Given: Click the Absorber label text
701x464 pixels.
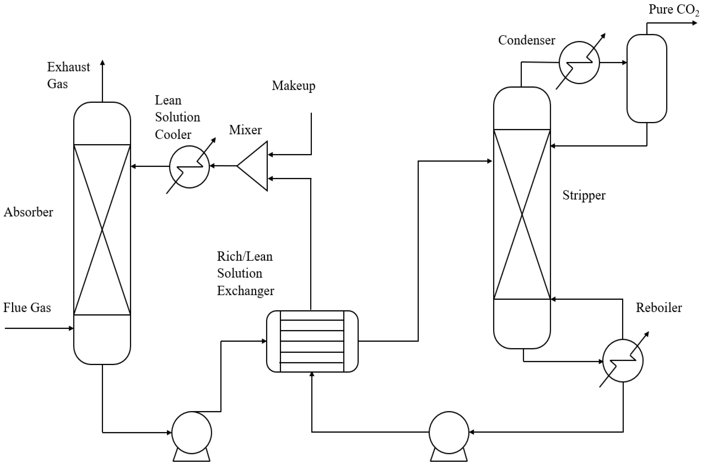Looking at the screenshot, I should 28,212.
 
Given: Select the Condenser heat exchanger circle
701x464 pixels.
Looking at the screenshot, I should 579,63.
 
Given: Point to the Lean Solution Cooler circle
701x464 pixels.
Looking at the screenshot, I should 189,167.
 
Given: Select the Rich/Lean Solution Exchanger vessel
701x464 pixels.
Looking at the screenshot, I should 312,341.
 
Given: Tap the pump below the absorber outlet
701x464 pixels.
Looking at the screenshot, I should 191,433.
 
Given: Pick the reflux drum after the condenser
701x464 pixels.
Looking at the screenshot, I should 647,79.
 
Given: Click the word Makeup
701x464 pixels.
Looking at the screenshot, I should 294,86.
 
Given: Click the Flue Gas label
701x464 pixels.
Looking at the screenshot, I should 27,308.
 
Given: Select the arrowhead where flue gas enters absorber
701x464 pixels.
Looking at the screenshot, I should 71,328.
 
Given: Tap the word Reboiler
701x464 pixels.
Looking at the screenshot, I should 659,308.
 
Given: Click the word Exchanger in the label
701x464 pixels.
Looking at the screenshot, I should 245,291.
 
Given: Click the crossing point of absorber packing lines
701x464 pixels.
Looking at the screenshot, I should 102,230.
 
